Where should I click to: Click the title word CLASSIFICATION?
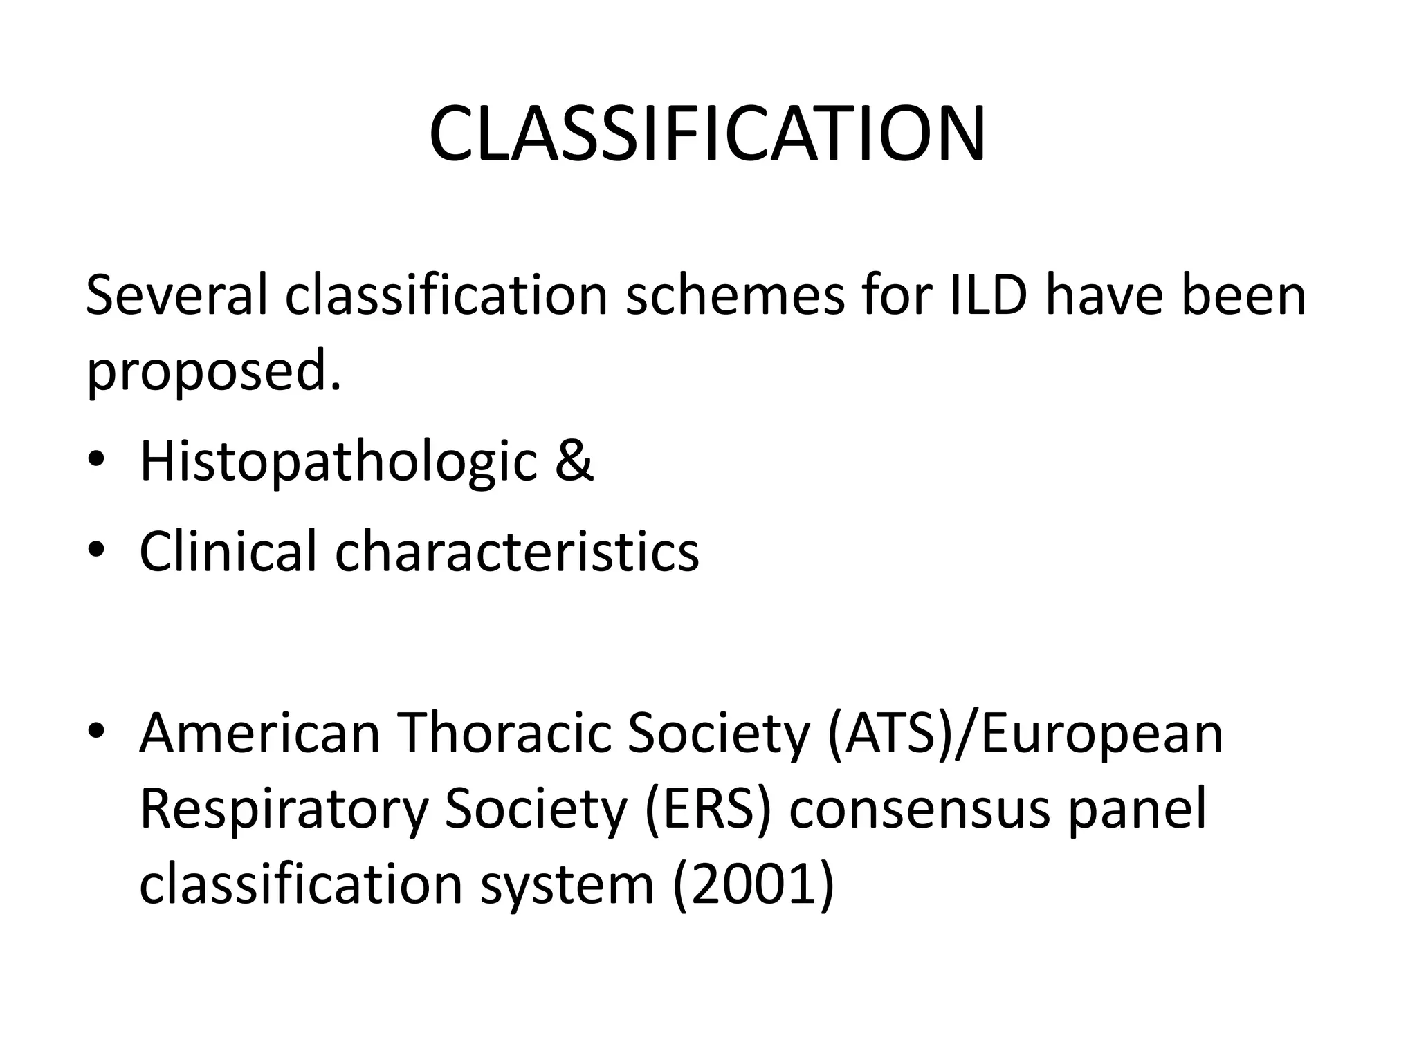coord(707,134)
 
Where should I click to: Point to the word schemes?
coord(735,296)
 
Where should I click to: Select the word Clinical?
coord(228,551)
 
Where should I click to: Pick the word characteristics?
coord(517,551)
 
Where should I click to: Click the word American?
coord(259,733)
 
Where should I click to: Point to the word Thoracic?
coord(502,733)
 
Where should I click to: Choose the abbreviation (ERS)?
coord(706,809)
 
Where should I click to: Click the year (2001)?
coord(753,884)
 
